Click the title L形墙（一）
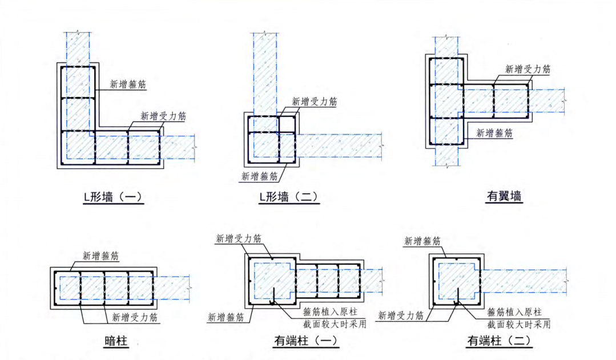113,197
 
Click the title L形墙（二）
289,197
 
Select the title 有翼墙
504,196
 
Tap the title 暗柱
116,341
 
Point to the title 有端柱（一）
307,341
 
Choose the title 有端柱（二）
500,341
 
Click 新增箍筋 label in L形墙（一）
128,84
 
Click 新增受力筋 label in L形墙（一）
163,116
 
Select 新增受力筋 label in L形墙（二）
315,102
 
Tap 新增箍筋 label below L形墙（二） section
259,177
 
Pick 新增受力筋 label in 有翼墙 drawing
528,70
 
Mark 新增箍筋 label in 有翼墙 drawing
494,133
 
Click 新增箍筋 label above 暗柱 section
100,256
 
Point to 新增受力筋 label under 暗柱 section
135,317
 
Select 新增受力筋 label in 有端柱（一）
239,238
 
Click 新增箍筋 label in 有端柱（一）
226,317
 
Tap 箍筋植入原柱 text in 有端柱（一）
331,312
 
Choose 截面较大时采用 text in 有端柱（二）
518,324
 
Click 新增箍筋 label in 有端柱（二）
422,241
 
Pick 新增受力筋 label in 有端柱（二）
401,315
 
